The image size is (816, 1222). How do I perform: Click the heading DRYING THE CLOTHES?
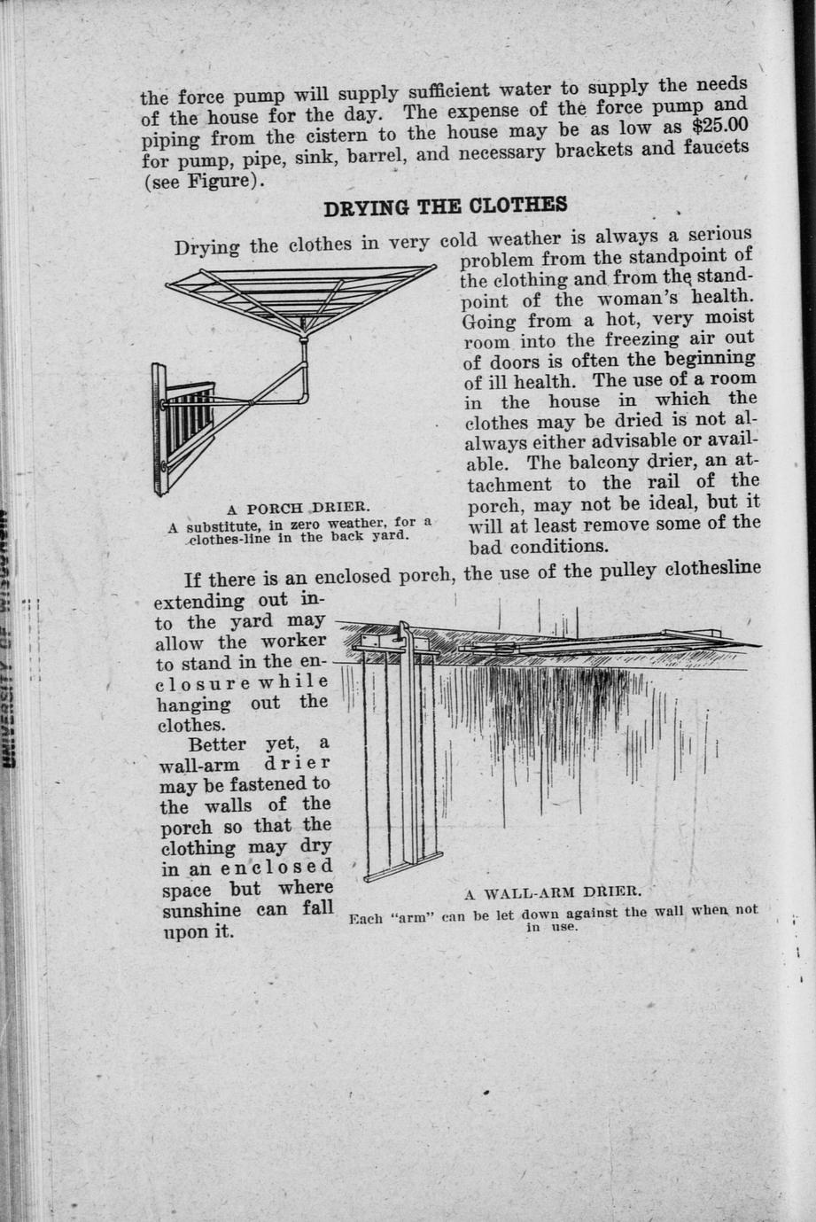pos(445,207)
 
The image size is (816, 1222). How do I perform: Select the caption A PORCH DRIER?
pos(297,509)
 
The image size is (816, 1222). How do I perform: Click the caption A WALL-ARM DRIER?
pos(552,891)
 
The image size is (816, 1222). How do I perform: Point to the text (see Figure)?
pos(205,182)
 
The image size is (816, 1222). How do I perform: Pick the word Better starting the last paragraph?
pos(217,744)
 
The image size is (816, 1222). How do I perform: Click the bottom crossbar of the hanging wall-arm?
pos(403,866)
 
